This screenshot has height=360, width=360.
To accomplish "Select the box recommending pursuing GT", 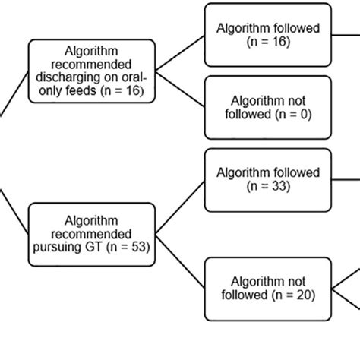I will click(91, 234).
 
